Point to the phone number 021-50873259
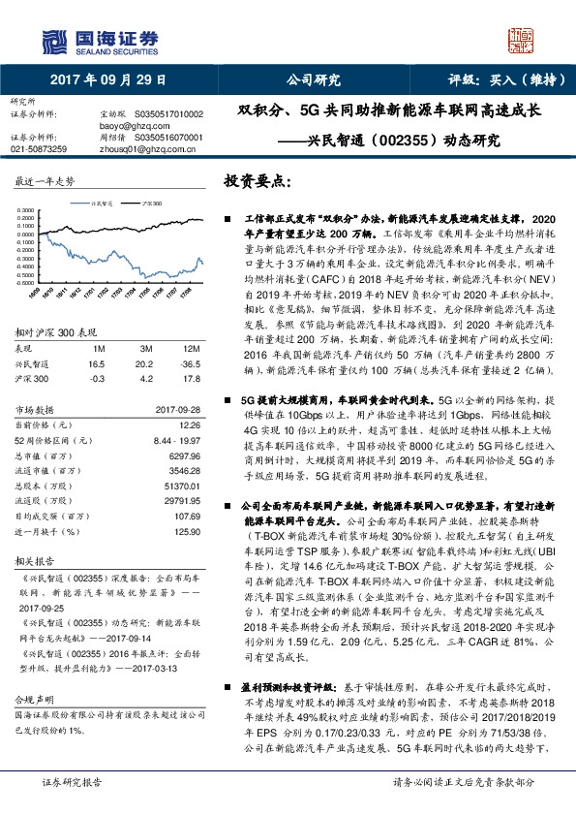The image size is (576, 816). pos(39,149)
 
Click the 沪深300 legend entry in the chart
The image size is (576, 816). pos(150,204)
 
